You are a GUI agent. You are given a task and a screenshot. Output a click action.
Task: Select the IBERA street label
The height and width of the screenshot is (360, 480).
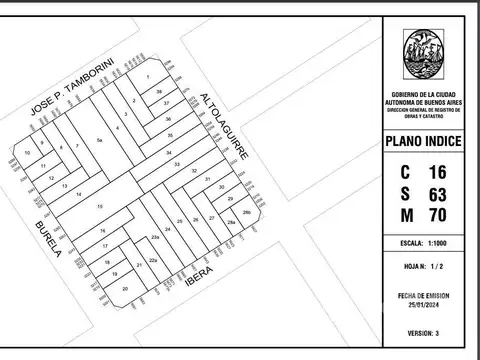click(199, 283)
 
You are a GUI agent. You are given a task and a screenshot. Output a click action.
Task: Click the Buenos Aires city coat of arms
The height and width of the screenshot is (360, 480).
click(423, 56)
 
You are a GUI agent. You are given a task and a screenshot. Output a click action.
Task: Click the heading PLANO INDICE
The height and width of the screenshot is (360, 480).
click(423, 142)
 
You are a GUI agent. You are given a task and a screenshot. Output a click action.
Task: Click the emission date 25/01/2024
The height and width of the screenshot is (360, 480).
click(423, 304)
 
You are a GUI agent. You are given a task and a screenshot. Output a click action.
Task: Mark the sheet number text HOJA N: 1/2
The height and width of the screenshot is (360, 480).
click(423, 267)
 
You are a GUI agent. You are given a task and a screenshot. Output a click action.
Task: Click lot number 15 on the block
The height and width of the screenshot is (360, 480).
click(99, 206)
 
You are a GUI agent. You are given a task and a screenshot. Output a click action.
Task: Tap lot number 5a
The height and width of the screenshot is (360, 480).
click(99, 141)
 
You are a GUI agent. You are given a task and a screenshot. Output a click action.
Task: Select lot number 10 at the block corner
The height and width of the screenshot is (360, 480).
click(28, 153)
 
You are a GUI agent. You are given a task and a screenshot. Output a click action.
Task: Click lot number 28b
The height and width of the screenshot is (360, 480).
click(246, 212)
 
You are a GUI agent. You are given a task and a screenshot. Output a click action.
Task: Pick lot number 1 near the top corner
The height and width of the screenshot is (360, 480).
click(148, 77)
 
